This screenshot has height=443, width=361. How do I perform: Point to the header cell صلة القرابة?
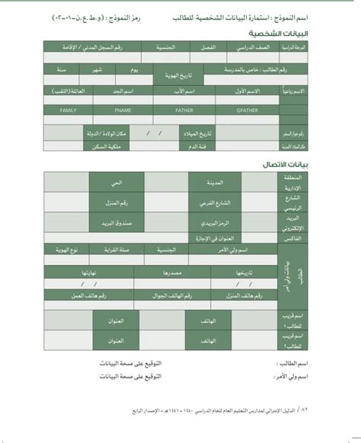tap(120, 250)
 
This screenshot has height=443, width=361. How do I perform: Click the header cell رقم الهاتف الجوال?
tap(165, 294)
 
